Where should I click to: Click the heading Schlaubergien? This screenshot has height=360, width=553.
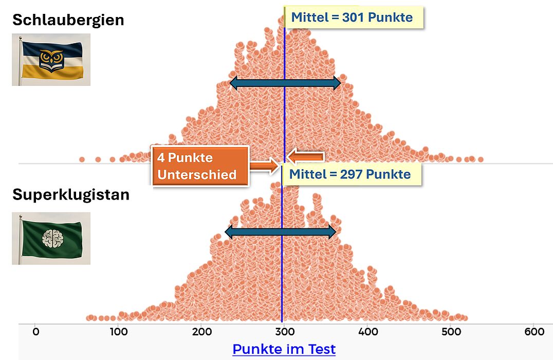click(68, 20)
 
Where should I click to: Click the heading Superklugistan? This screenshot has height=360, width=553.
click(71, 195)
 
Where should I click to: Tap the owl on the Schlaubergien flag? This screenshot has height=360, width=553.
click(51, 58)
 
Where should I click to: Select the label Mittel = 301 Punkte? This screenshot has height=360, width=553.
click(353, 17)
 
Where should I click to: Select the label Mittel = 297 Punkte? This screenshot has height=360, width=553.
click(351, 174)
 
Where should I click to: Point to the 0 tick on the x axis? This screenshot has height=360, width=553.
click(35, 332)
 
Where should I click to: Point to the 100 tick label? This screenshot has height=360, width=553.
click(119, 332)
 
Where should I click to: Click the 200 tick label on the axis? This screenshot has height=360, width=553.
click(202, 332)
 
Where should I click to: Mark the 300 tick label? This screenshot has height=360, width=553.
click(285, 332)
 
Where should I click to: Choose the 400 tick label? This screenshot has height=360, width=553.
click(368, 332)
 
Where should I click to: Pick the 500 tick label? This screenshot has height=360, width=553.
click(451, 332)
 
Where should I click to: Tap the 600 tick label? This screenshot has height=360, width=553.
click(534, 332)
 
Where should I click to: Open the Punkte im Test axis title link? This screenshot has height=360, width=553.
click(284, 349)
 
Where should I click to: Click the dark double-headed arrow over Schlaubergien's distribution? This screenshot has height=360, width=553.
click(285, 83)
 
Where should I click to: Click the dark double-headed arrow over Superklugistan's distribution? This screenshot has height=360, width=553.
click(281, 232)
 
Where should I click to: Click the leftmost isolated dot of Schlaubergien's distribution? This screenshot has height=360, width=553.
click(82, 159)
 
